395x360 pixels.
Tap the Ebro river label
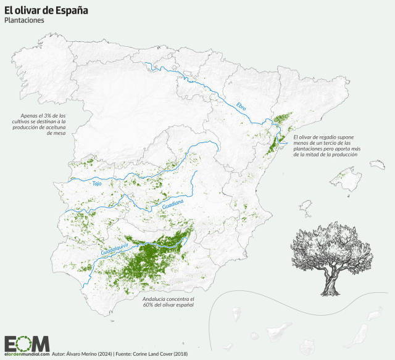click(x=241, y=106)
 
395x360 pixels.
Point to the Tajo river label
click(x=96, y=183)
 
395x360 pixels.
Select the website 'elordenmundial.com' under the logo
click(x=27, y=355)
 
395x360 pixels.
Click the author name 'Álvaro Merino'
click(x=81, y=354)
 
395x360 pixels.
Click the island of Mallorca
click(x=344, y=180)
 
